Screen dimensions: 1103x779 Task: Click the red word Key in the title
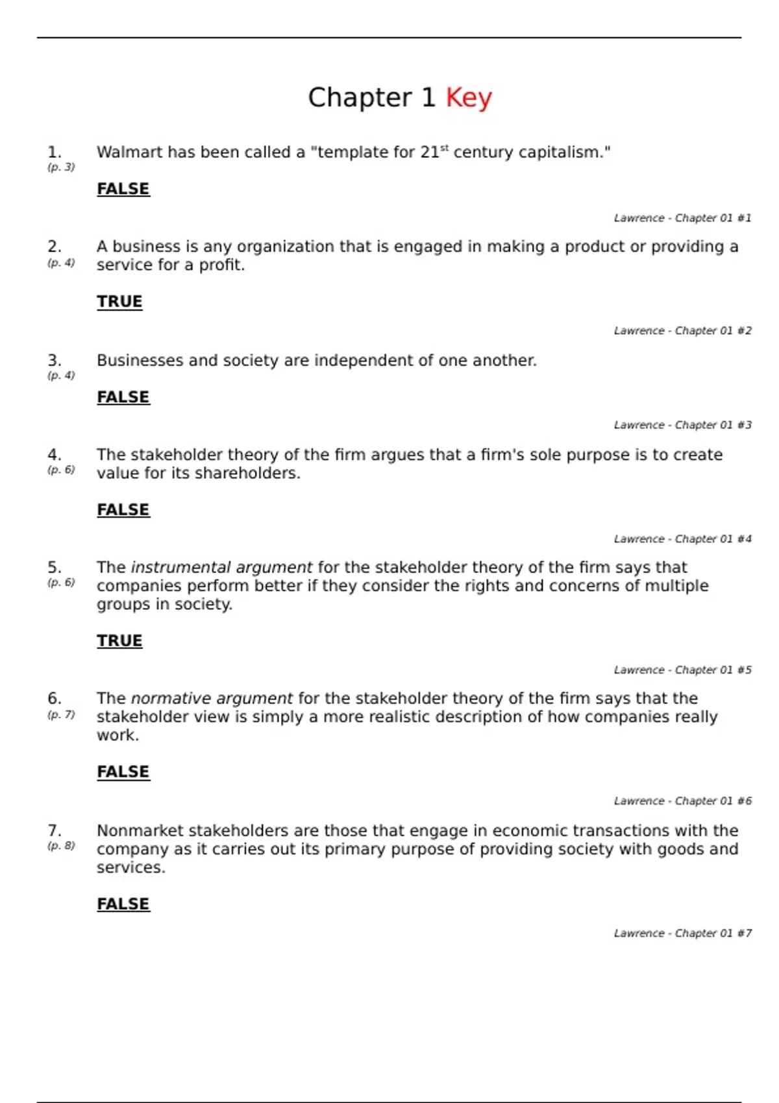468,98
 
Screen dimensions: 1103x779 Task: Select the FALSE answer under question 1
123,189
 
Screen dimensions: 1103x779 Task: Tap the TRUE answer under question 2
119,302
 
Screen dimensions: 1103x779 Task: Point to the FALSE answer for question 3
123,397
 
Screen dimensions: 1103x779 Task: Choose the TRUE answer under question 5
119,641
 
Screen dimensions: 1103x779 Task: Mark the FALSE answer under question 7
123,904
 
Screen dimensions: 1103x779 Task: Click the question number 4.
55,455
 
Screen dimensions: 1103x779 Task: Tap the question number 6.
55,699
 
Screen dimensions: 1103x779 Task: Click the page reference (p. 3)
61,167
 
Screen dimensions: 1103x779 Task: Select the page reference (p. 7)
61,715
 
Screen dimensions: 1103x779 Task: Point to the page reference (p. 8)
61,846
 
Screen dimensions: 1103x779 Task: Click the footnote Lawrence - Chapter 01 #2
682,331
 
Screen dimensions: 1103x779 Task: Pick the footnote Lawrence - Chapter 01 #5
682,670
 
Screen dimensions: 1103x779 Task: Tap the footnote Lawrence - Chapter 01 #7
682,934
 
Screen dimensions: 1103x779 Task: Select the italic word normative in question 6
171,699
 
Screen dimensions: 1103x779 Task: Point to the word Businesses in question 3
140,361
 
